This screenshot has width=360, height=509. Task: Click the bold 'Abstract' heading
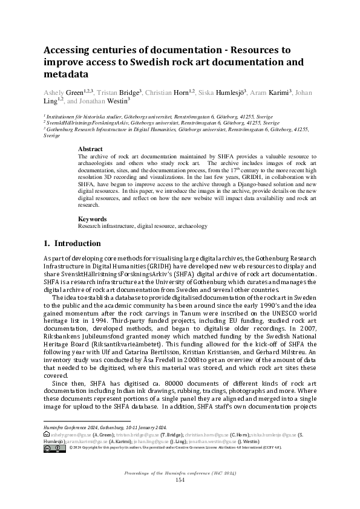91,149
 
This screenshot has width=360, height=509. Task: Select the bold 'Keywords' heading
93,219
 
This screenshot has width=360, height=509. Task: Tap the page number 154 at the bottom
179,479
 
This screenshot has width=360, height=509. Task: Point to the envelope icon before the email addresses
47,435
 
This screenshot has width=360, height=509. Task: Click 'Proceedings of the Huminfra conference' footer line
179,472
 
